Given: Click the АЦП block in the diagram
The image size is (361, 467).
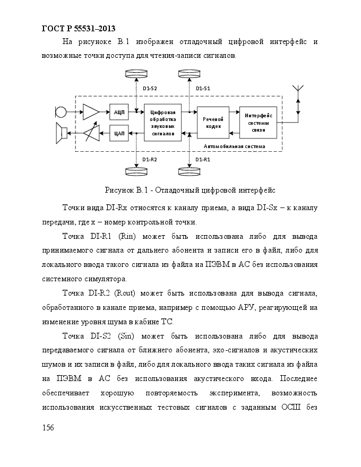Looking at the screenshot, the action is coord(119,112).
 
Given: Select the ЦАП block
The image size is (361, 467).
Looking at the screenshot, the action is coord(119,133).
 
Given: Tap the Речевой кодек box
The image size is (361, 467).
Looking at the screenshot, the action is coord(213,123).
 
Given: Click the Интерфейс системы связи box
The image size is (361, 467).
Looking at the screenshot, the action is coord(258,123).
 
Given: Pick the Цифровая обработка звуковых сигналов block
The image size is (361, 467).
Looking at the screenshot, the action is coord(162,123).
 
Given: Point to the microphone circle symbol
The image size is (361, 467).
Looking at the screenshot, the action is coord(61,113).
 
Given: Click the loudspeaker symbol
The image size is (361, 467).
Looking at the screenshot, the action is coord(62,133).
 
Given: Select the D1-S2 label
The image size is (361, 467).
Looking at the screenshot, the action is coord(150,89).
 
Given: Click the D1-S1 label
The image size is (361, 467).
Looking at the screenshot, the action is coord(203,89).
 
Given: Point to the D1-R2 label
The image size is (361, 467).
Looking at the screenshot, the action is coord(150,160).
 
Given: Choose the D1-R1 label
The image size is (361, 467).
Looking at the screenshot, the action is coord(203,160).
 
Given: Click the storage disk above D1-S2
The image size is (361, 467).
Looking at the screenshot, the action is coord(136,73).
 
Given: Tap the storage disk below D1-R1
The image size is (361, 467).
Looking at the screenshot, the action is coord(190,171).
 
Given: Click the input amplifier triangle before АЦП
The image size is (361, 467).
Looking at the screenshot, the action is coord(90,113).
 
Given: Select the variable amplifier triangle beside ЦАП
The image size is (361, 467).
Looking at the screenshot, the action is coord(91,133).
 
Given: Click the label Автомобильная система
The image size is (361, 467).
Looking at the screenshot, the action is coord(235,146).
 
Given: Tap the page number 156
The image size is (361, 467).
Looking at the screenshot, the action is coord(48,428).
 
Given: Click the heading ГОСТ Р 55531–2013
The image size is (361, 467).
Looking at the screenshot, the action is coord(79,29).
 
